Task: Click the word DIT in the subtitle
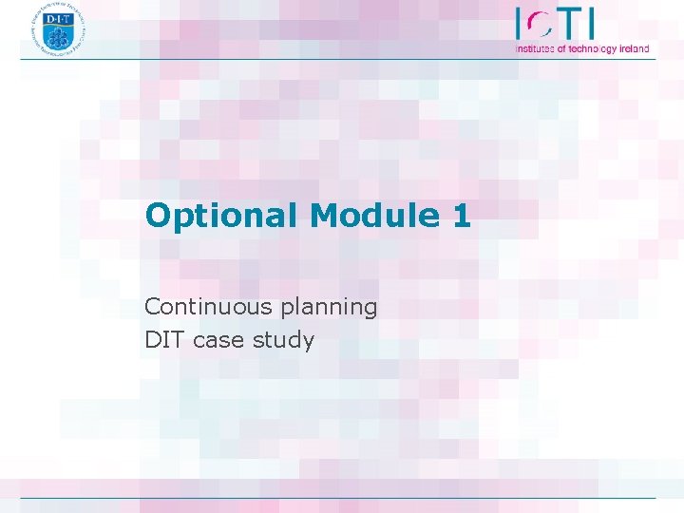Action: [x=164, y=339]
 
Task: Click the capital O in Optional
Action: [x=158, y=216]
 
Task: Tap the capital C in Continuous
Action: [x=152, y=307]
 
